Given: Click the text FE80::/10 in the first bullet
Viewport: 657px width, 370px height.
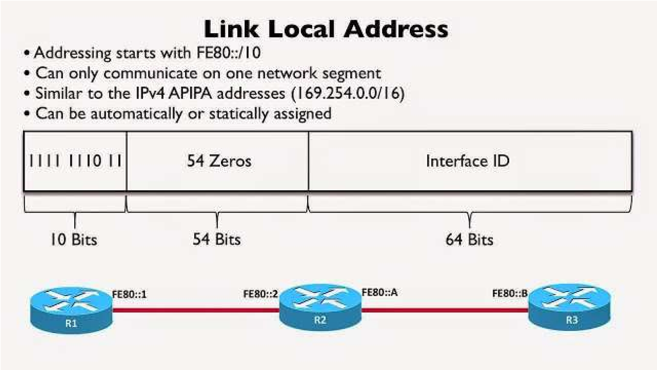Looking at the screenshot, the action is click(x=234, y=53).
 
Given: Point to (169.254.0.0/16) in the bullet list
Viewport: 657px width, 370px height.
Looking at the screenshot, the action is click(x=348, y=93).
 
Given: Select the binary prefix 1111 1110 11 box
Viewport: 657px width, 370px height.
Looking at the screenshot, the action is click(x=75, y=161).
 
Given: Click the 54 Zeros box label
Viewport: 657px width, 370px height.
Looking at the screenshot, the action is click(x=219, y=161).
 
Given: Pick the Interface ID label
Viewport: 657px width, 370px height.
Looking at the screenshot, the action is click(x=468, y=161).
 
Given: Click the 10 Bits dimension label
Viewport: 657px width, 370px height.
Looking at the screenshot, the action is click(x=74, y=239).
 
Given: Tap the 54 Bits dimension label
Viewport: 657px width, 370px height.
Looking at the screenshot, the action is click(x=216, y=239).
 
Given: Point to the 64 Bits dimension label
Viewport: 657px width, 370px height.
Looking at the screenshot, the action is click(x=469, y=239).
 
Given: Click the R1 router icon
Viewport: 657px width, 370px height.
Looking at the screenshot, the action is click(x=71, y=309).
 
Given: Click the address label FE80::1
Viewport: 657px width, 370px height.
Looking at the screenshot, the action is click(x=129, y=294).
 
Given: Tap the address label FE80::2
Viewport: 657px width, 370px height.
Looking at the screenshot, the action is click(x=260, y=294).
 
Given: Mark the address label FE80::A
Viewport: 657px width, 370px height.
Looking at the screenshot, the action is click(x=379, y=292).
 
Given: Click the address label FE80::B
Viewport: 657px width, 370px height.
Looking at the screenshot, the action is click(x=510, y=294).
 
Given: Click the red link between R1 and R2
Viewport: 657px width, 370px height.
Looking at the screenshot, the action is click(x=195, y=310).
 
